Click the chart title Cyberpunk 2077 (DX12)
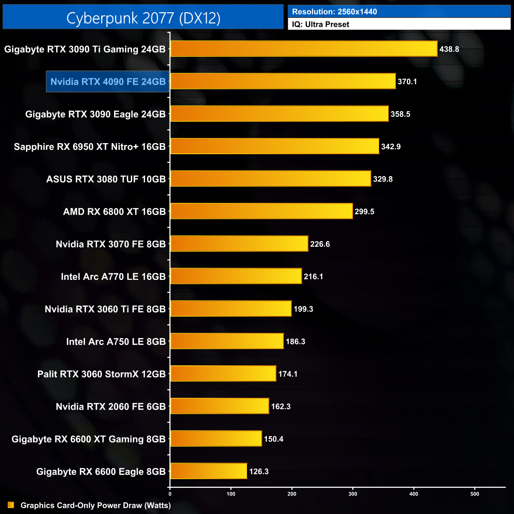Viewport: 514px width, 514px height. (x=143, y=18)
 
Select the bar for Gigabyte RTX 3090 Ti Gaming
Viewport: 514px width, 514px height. (x=304, y=49)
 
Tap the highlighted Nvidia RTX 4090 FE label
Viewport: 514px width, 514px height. (x=108, y=82)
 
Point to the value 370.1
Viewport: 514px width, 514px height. (x=407, y=82)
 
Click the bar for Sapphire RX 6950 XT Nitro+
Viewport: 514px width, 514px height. (x=274, y=146)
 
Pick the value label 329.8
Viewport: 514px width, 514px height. (x=383, y=179)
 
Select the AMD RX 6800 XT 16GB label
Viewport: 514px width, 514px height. (x=114, y=212)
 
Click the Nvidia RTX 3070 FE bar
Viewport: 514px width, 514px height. (x=239, y=244)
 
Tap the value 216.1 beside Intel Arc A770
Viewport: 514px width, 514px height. (x=313, y=276)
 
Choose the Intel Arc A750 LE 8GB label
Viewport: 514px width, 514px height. (x=116, y=342)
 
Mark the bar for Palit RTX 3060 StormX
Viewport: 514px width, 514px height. (x=223, y=374)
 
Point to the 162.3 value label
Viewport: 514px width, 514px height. (x=281, y=406)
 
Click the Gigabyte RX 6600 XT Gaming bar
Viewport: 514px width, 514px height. (x=216, y=439)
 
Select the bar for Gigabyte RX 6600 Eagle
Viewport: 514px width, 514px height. (x=208, y=471)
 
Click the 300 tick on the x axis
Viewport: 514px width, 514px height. (x=353, y=494)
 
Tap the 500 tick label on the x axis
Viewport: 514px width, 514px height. (x=475, y=494)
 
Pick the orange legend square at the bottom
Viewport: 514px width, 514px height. (x=11, y=505)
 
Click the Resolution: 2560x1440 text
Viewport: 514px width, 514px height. (x=334, y=12)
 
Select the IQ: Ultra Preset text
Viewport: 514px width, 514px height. (x=321, y=25)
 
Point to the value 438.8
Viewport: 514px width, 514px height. (x=449, y=49)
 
